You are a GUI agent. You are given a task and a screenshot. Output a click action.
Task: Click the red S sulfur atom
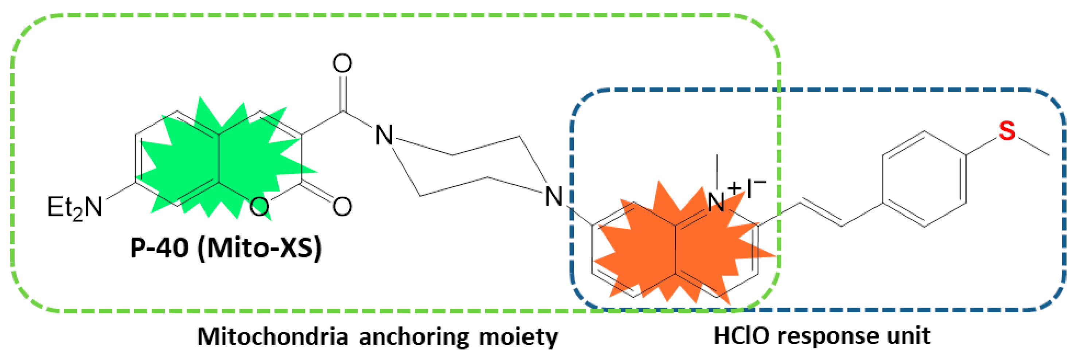1007,131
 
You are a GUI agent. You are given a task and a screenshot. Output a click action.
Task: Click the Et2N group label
75,207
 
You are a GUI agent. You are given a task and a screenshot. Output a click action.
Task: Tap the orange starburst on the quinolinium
679,247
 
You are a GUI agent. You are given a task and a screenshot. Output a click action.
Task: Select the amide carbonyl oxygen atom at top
342,64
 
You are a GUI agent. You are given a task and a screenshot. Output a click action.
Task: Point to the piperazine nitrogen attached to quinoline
553,196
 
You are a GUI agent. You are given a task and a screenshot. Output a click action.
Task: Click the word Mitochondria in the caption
273,337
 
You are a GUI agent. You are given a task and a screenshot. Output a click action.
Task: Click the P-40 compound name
159,248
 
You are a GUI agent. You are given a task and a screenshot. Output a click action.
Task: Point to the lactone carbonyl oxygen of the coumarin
342,206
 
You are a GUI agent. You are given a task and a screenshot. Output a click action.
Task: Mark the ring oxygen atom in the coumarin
259,206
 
